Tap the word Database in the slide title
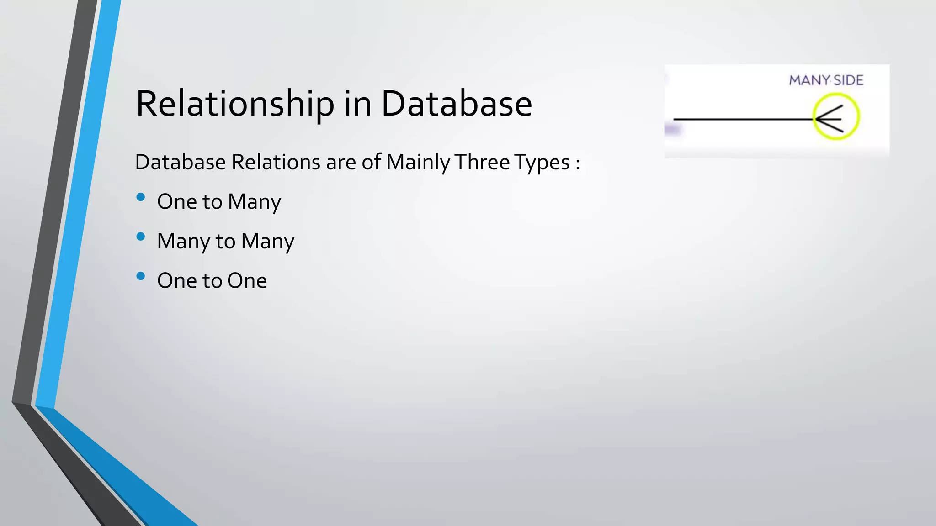pyautogui.click(x=457, y=104)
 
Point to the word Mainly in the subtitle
pyautogui.click(x=418, y=163)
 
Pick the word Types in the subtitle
pyautogui.click(x=542, y=163)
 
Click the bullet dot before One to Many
pyautogui.click(x=141, y=197)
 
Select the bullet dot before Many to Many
pyautogui.click(x=141, y=237)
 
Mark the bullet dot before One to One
pyautogui.click(x=141, y=276)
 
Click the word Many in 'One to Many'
pyautogui.click(x=255, y=202)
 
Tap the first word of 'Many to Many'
pyautogui.click(x=183, y=242)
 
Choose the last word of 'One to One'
pyautogui.click(x=247, y=281)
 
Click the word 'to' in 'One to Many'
pyautogui.click(x=212, y=202)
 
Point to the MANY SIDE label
pyautogui.click(x=826, y=81)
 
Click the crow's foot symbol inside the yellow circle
pyautogui.click(x=830, y=119)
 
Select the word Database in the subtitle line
pyautogui.click(x=181, y=162)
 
